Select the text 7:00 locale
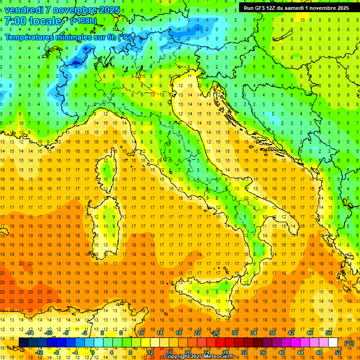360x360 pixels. coord(33,22)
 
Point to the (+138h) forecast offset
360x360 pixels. coord(84,21)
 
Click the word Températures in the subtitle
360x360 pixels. coord(29,37)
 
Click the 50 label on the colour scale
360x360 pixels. coord(328,333)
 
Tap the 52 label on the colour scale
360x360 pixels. coord(338,352)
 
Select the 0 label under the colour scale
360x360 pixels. coord(93,352)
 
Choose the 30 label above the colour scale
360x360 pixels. coord(234,333)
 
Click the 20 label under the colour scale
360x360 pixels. coord(187,352)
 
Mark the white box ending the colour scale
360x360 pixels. coord(333,343)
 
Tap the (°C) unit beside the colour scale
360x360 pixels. coord(349,343)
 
